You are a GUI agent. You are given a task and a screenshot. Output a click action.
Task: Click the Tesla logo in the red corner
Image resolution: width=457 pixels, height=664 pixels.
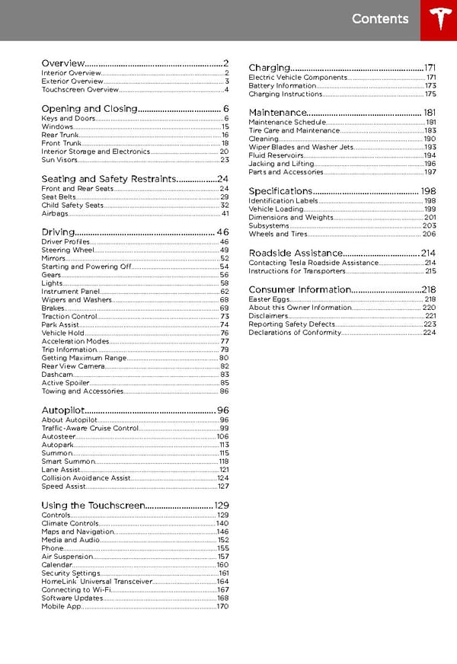click(438, 20)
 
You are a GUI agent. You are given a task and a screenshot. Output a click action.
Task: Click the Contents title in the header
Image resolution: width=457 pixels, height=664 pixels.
click(380, 19)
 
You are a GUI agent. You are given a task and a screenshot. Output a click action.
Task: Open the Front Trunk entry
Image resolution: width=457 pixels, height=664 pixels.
click(61, 143)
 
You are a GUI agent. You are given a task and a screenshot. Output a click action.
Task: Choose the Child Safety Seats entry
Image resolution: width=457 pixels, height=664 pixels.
click(72, 206)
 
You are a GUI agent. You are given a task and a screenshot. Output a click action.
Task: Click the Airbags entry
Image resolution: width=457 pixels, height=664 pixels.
click(55, 214)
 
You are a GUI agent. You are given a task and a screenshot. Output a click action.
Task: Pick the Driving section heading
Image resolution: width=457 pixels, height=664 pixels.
click(58, 231)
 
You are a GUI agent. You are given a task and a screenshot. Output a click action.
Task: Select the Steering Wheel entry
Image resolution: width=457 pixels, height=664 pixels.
click(68, 250)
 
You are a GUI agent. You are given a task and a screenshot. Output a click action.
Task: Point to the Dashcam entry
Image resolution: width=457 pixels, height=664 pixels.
click(58, 375)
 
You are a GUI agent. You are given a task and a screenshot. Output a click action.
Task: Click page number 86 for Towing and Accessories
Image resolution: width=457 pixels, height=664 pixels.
click(224, 391)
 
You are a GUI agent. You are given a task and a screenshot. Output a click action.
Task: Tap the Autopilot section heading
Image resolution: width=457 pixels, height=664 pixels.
click(62, 410)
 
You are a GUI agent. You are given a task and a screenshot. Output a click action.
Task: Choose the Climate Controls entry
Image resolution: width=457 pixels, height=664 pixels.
click(70, 524)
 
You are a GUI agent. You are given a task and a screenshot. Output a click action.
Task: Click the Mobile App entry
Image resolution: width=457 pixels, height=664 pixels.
click(61, 607)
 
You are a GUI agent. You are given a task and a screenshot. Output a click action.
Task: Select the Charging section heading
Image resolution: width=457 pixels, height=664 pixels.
click(270, 68)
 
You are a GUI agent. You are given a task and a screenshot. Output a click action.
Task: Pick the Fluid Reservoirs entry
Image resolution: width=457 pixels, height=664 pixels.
click(276, 155)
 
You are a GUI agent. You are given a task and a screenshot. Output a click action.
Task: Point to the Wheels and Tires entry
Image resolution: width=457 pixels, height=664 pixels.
click(278, 234)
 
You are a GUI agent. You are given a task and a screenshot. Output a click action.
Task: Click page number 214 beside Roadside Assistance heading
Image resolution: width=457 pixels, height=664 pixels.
click(428, 254)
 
